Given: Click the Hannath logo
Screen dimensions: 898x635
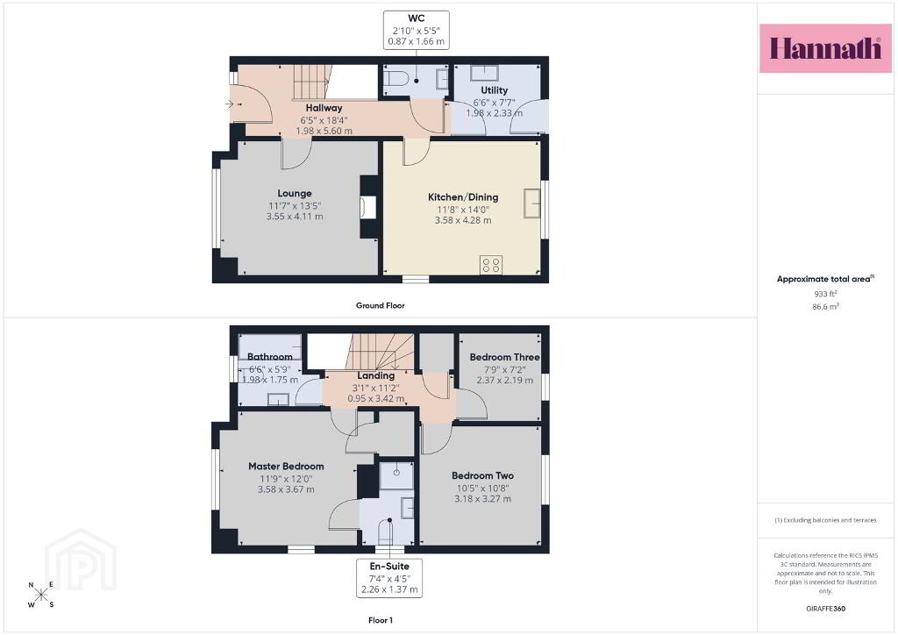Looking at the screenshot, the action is (x=825, y=48).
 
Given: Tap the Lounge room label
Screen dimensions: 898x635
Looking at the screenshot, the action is (x=295, y=194).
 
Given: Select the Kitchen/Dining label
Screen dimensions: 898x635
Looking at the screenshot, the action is (x=463, y=197).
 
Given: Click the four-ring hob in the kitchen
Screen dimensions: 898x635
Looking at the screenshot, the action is (x=491, y=265).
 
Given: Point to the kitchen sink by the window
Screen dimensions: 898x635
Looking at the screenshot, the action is (x=531, y=203).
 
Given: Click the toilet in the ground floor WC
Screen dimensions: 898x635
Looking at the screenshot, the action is (x=396, y=78).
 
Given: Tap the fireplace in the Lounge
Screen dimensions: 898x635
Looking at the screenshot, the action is (x=367, y=207).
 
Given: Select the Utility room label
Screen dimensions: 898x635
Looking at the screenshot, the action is (x=494, y=89).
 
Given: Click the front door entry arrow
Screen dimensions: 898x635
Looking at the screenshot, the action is (x=229, y=103).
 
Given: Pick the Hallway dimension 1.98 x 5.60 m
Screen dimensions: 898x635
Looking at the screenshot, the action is (x=324, y=131).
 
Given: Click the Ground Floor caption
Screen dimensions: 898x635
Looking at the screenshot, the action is (x=381, y=305).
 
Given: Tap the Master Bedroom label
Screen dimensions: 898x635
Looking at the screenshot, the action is (x=286, y=466).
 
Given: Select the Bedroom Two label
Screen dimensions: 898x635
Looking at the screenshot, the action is (x=482, y=475).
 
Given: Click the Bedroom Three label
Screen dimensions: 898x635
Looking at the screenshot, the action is (x=504, y=357).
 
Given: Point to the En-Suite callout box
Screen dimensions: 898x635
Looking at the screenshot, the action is (x=389, y=578).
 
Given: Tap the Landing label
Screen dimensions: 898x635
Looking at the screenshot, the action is (x=375, y=375).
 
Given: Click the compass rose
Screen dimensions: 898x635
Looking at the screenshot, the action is (x=40, y=595).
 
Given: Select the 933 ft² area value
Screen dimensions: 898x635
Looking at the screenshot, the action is (x=825, y=294).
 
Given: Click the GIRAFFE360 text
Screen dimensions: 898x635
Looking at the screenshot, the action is (x=825, y=609).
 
